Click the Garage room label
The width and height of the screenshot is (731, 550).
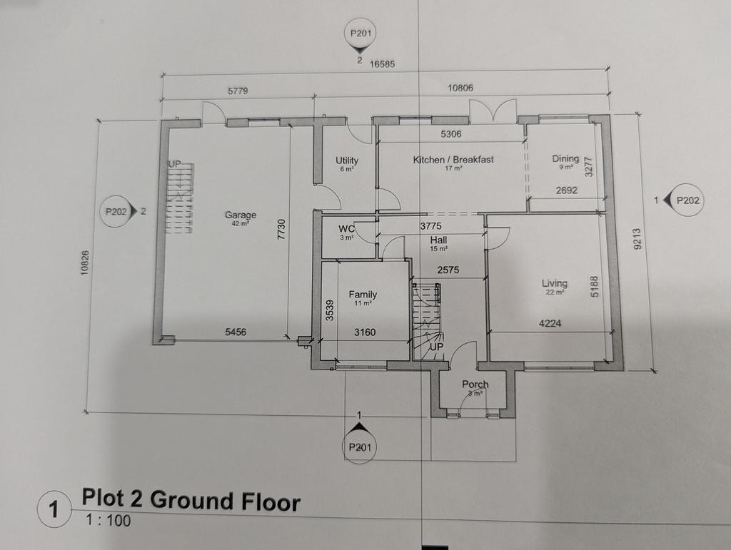pyautogui.click(x=241, y=215)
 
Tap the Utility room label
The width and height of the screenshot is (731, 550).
pyautogui.click(x=347, y=161)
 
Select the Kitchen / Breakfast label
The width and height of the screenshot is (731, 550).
pyautogui.click(x=453, y=160)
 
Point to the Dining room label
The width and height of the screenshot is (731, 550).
pyautogui.click(x=565, y=158)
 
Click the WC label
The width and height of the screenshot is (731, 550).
pyautogui.click(x=346, y=229)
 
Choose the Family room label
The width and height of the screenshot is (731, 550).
pyautogui.click(x=363, y=295)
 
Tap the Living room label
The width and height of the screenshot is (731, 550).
pyautogui.click(x=554, y=283)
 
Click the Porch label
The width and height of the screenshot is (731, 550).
pyautogui.click(x=475, y=385)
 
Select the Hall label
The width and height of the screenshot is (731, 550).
pyautogui.click(x=439, y=240)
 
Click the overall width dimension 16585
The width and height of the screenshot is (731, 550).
pyautogui.click(x=383, y=64)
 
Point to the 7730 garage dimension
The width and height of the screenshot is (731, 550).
pyautogui.click(x=281, y=230)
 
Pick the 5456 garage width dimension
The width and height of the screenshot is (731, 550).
pyautogui.click(x=236, y=332)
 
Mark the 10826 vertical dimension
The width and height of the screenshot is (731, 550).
pyautogui.click(x=84, y=263)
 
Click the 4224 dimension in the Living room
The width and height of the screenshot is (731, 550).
pyautogui.click(x=550, y=323)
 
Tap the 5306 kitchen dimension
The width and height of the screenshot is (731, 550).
pyautogui.click(x=451, y=134)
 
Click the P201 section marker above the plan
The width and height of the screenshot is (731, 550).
pyautogui.click(x=361, y=34)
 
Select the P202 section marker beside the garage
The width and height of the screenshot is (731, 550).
pyautogui.click(x=116, y=212)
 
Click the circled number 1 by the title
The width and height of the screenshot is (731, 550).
pyautogui.click(x=54, y=509)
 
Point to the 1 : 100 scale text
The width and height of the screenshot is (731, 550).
pyautogui.click(x=109, y=520)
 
